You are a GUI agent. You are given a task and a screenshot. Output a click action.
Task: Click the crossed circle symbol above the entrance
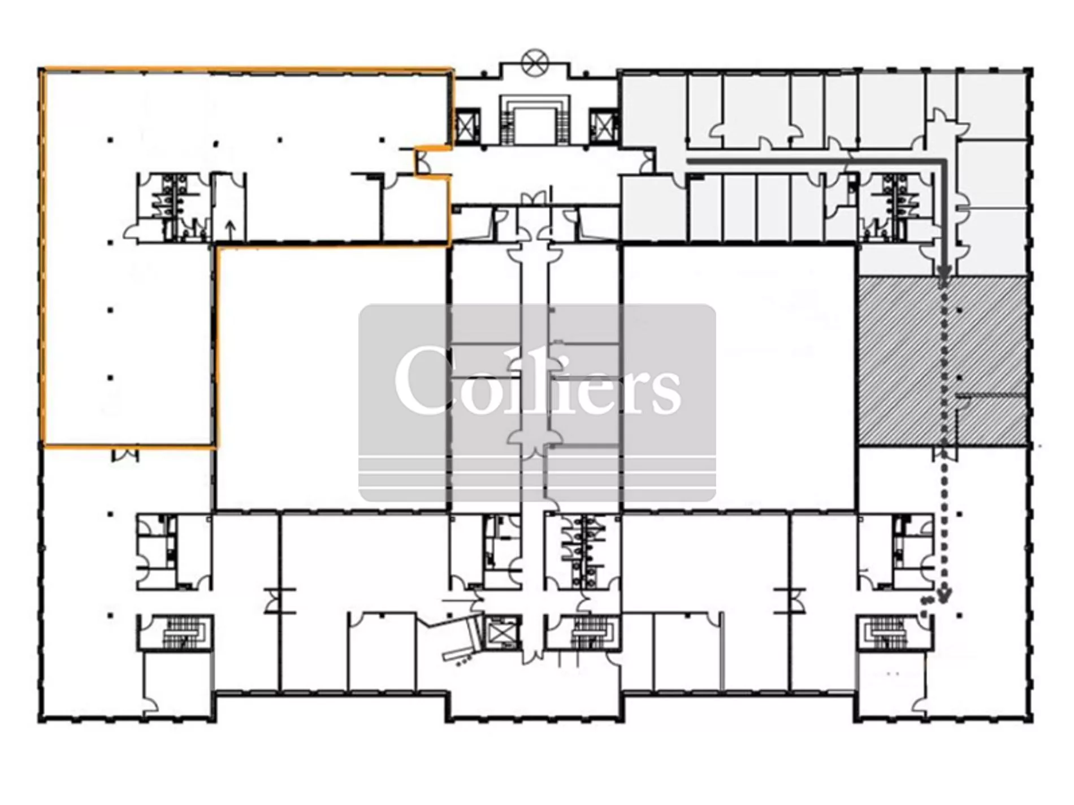[534, 62]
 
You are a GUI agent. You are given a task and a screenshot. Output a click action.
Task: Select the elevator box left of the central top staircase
[467, 127]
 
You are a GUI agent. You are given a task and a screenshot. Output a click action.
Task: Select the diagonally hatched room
[942, 362]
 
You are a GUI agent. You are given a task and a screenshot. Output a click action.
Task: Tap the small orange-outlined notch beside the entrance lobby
[432, 162]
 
